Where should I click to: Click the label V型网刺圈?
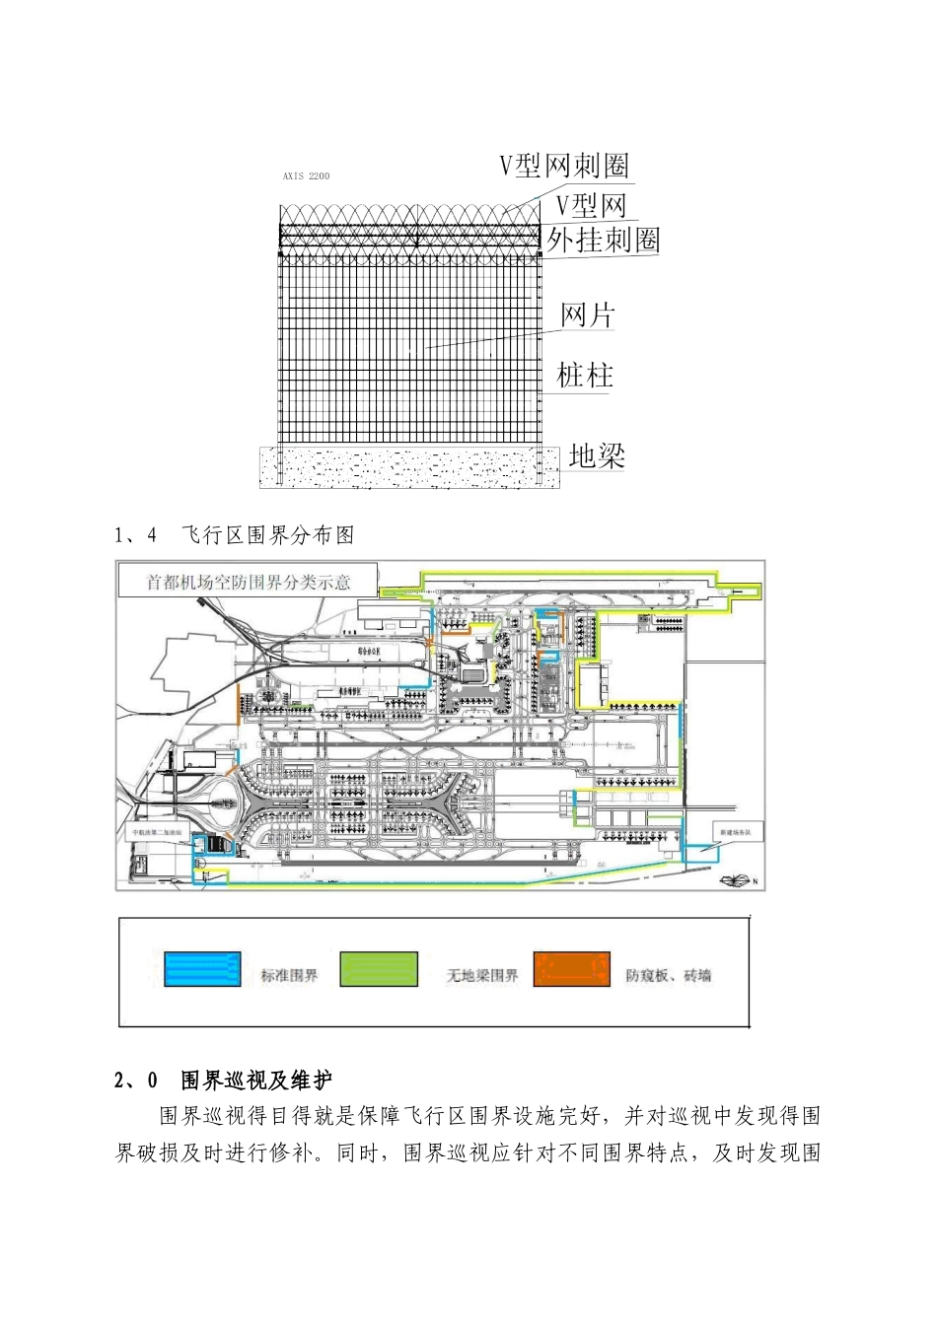pyautogui.click(x=563, y=166)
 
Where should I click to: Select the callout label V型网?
pyautogui.click(x=591, y=205)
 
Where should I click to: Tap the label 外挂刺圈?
pyautogui.click(x=603, y=240)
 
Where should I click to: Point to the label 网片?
pyautogui.click(x=588, y=314)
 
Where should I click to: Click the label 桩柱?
pyautogui.click(x=585, y=375)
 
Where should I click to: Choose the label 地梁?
pyautogui.click(x=597, y=455)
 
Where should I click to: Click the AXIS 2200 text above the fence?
pyautogui.click(x=306, y=176)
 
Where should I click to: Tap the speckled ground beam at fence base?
pyautogui.click(x=409, y=467)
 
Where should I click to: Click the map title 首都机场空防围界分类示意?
pyautogui.click(x=249, y=582)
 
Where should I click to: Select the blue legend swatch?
pyautogui.click(x=203, y=969)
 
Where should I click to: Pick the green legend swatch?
pyautogui.click(x=379, y=969)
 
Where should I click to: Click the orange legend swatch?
pyautogui.click(x=572, y=969)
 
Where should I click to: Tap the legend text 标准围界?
pyautogui.click(x=289, y=976)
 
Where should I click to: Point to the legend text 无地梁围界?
pyautogui.click(x=481, y=976)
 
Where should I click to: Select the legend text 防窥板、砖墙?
pyautogui.click(x=668, y=976)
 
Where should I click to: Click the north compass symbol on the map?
pyautogui.click(x=737, y=880)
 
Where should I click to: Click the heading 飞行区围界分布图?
pyautogui.click(x=268, y=535)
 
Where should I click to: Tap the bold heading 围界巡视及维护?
pyautogui.click(x=256, y=1081)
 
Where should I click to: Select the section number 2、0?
pyautogui.click(x=136, y=1081)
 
